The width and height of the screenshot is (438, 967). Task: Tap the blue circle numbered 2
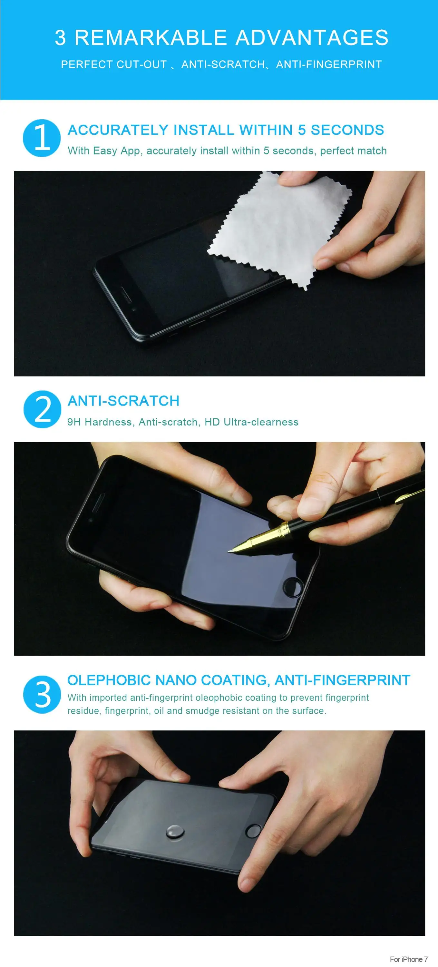pyautogui.click(x=42, y=409)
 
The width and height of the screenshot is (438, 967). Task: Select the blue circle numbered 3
pyautogui.click(x=42, y=695)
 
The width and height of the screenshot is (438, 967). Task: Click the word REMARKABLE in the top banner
pyautogui.click(x=151, y=38)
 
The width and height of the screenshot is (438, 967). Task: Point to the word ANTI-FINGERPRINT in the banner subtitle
pyautogui.click(x=329, y=64)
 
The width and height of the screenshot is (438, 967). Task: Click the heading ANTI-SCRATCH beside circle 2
pyautogui.click(x=123, y=401)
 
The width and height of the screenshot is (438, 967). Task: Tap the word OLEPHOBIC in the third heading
pyautogui.click(x=109, y=680)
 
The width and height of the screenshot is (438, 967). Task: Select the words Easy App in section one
pyautogui.click(x=117, y=151)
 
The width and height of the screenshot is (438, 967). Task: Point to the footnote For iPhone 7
pyautogui.click(x=409, y=959)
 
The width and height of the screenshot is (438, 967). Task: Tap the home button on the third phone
pyautogui.click(x=253, y=830)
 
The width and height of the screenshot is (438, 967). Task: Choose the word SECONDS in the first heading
pyautogui.click(x=347, y=130)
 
